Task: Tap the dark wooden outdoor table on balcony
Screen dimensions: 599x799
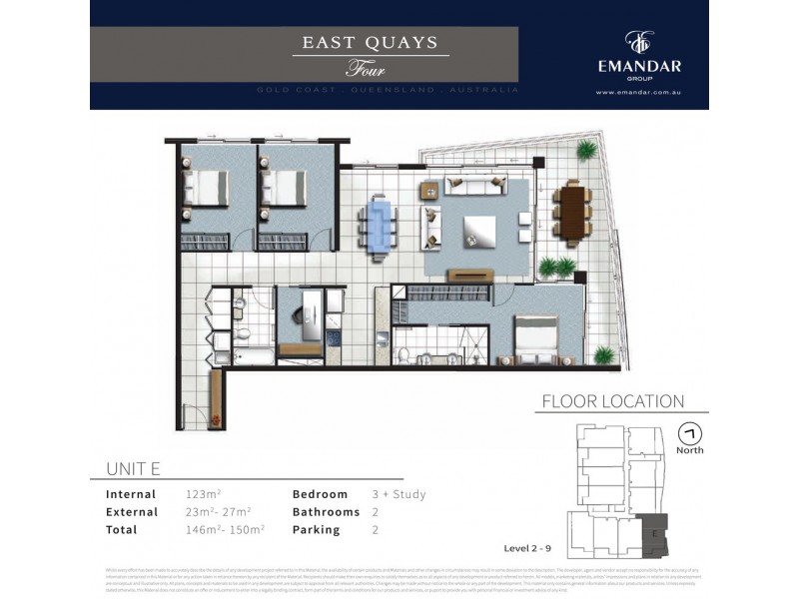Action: click(572, 213)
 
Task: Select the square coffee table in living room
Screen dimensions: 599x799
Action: click(476, 232)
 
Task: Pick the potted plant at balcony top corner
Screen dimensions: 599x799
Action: click(587, 151)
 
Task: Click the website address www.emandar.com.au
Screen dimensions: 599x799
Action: click(637, 93)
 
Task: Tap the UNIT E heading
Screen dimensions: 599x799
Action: click(133, 469)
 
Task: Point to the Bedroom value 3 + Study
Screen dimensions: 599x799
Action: click(399, 494)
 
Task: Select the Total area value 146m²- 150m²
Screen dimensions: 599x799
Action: click(225, 530)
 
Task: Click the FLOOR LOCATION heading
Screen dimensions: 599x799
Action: click(612, 401)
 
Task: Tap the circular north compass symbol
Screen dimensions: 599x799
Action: click(688, 434)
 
